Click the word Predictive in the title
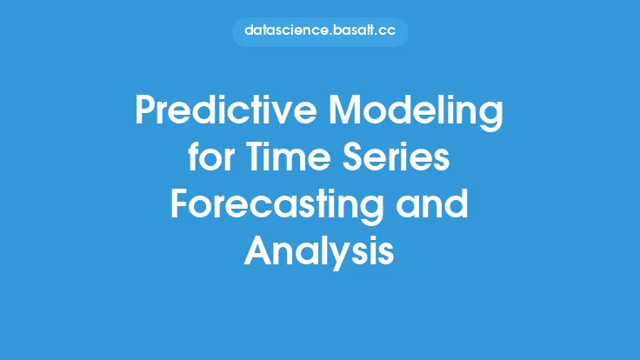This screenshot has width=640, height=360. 226,110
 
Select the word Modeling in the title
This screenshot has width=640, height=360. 416,112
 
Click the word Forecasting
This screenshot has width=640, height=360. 277,206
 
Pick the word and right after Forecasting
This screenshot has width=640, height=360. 432,203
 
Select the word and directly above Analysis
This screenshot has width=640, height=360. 432,203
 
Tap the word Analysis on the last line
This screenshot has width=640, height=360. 319,253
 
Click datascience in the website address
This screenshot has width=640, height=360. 286,30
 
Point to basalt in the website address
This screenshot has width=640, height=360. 353,30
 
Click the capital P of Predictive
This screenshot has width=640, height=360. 145,110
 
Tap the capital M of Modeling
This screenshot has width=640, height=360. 344,110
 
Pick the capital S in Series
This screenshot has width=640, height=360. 352,157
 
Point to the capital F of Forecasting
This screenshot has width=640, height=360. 179,204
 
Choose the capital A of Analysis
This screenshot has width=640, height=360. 258,251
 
